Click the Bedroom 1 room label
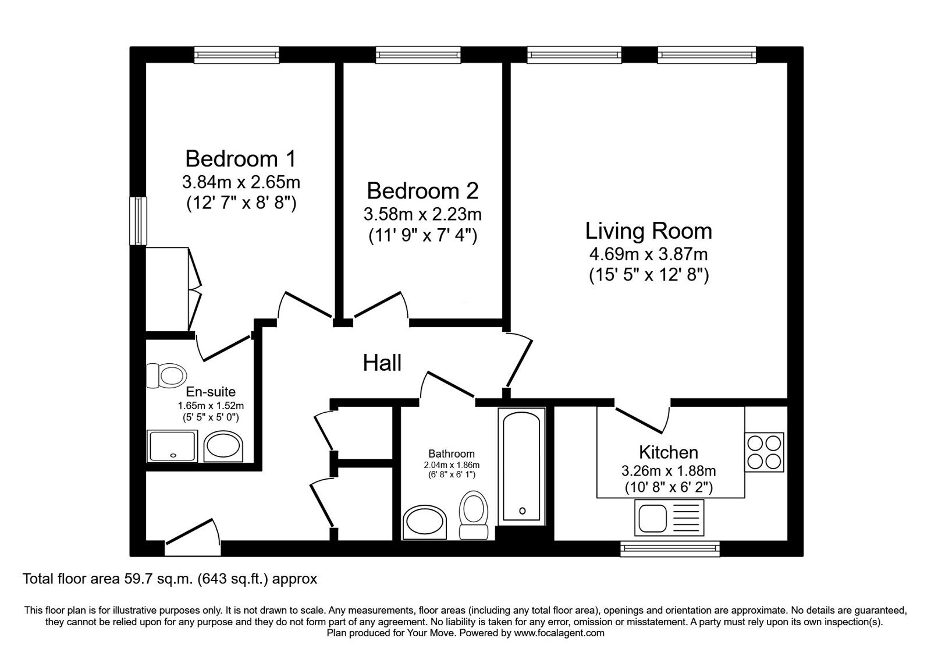pyautogui.click(x=241, y=159)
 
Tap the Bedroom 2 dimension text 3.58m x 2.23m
pyautogui.click(x=422, y=215)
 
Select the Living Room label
pyautogui.click(x=648, y=231)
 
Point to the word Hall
pyautogui.click(x=382, y=363)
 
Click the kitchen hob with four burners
pyautogui.click(x=764, y=452)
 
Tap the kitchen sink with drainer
pyautogui.click(x=669, y=518)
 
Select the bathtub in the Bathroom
pyautogui.click(x=521, y=466)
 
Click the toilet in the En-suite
pyautogui.click(x=166, y=375)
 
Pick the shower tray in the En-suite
pyautogui.click(x=172, y=446)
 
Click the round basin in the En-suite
pyautogui.click(x=223, y=447)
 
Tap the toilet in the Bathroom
pyautogui.click(x=474, y=515)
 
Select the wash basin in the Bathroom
pyautogui.click(x=424, y=522)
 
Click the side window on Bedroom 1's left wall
pyautogui.click(x=138, y=221)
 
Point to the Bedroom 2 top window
pyautogui.click(x=418, y=55)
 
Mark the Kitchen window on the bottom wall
pyautogui.click(x=670, y=548)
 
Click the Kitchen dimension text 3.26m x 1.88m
pyautogui.click(x=669, y=471)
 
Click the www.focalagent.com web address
pyautogui.click(x=559, y=633)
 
